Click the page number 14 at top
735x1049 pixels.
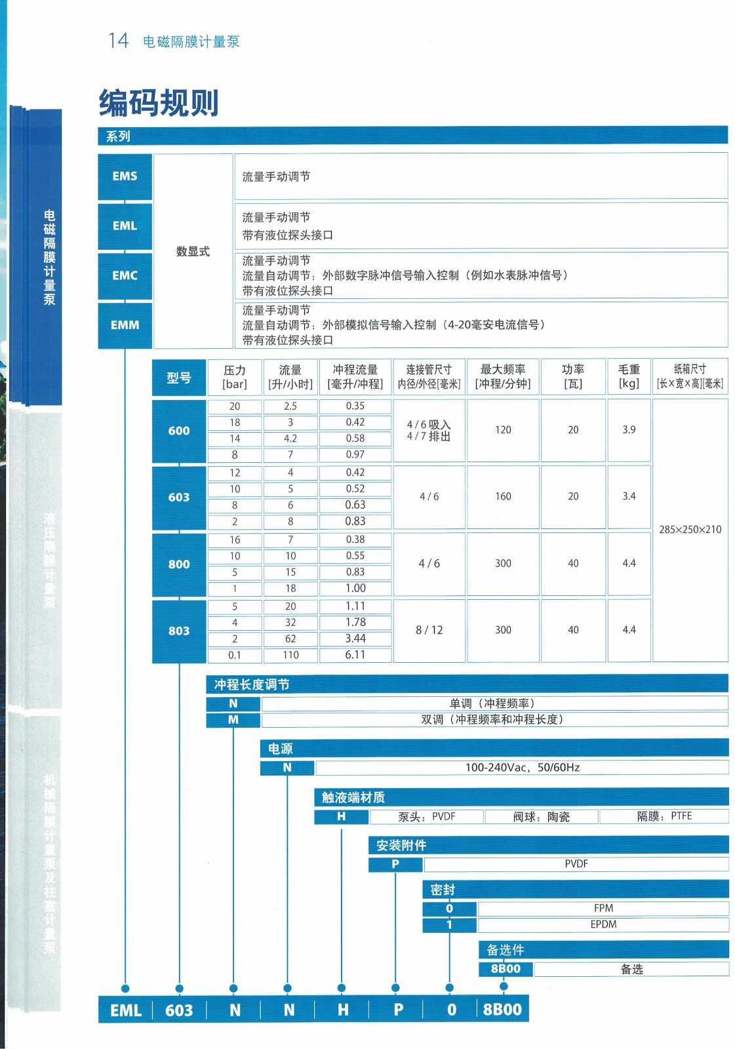click(x=119, y=41)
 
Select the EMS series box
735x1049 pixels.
click(x=125, y=176)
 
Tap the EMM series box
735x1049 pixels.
click(x=125, y=325)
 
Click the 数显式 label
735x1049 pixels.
click(x=193, y=251)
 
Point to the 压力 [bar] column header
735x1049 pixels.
click(x=235, y=377)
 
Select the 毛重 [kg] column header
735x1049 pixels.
click(x=629, y=377)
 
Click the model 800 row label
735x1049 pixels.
click(x=179, y=564)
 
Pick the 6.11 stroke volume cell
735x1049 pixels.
click(x=355, y=654)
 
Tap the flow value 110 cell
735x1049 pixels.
click(x=290, y=654)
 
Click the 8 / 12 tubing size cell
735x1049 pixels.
click(x=429, y=630)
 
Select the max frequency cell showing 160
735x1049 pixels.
click(x=503, y=496)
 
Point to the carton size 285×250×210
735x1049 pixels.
click(x=690, y=529)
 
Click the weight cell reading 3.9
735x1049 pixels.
click(x=629, y=429)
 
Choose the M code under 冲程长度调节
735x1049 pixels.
click(x=233, y=720)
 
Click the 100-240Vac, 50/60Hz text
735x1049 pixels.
click(x=522, y=767)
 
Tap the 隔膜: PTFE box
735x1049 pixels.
click(x=664, y=816)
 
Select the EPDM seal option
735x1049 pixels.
click(x=603, y=924)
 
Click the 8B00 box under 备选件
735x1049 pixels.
click(x=506, y=969)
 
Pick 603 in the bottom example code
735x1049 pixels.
click(x=179, y=1010)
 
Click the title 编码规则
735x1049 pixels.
click(x=159, y=102)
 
